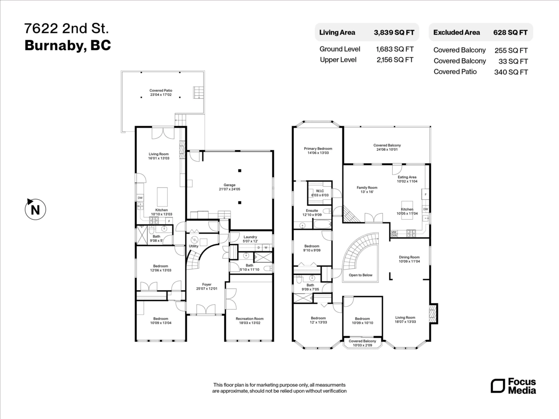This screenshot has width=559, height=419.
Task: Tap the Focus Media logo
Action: click(x=513, y=386)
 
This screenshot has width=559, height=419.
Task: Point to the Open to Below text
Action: click(x=361, y=275)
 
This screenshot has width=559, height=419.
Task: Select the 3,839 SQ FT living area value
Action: click(x=394, y=33)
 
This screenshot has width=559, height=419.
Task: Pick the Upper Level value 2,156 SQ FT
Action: click(x=395, y=60)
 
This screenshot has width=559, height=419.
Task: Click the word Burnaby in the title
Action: click(x=53, y=46)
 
